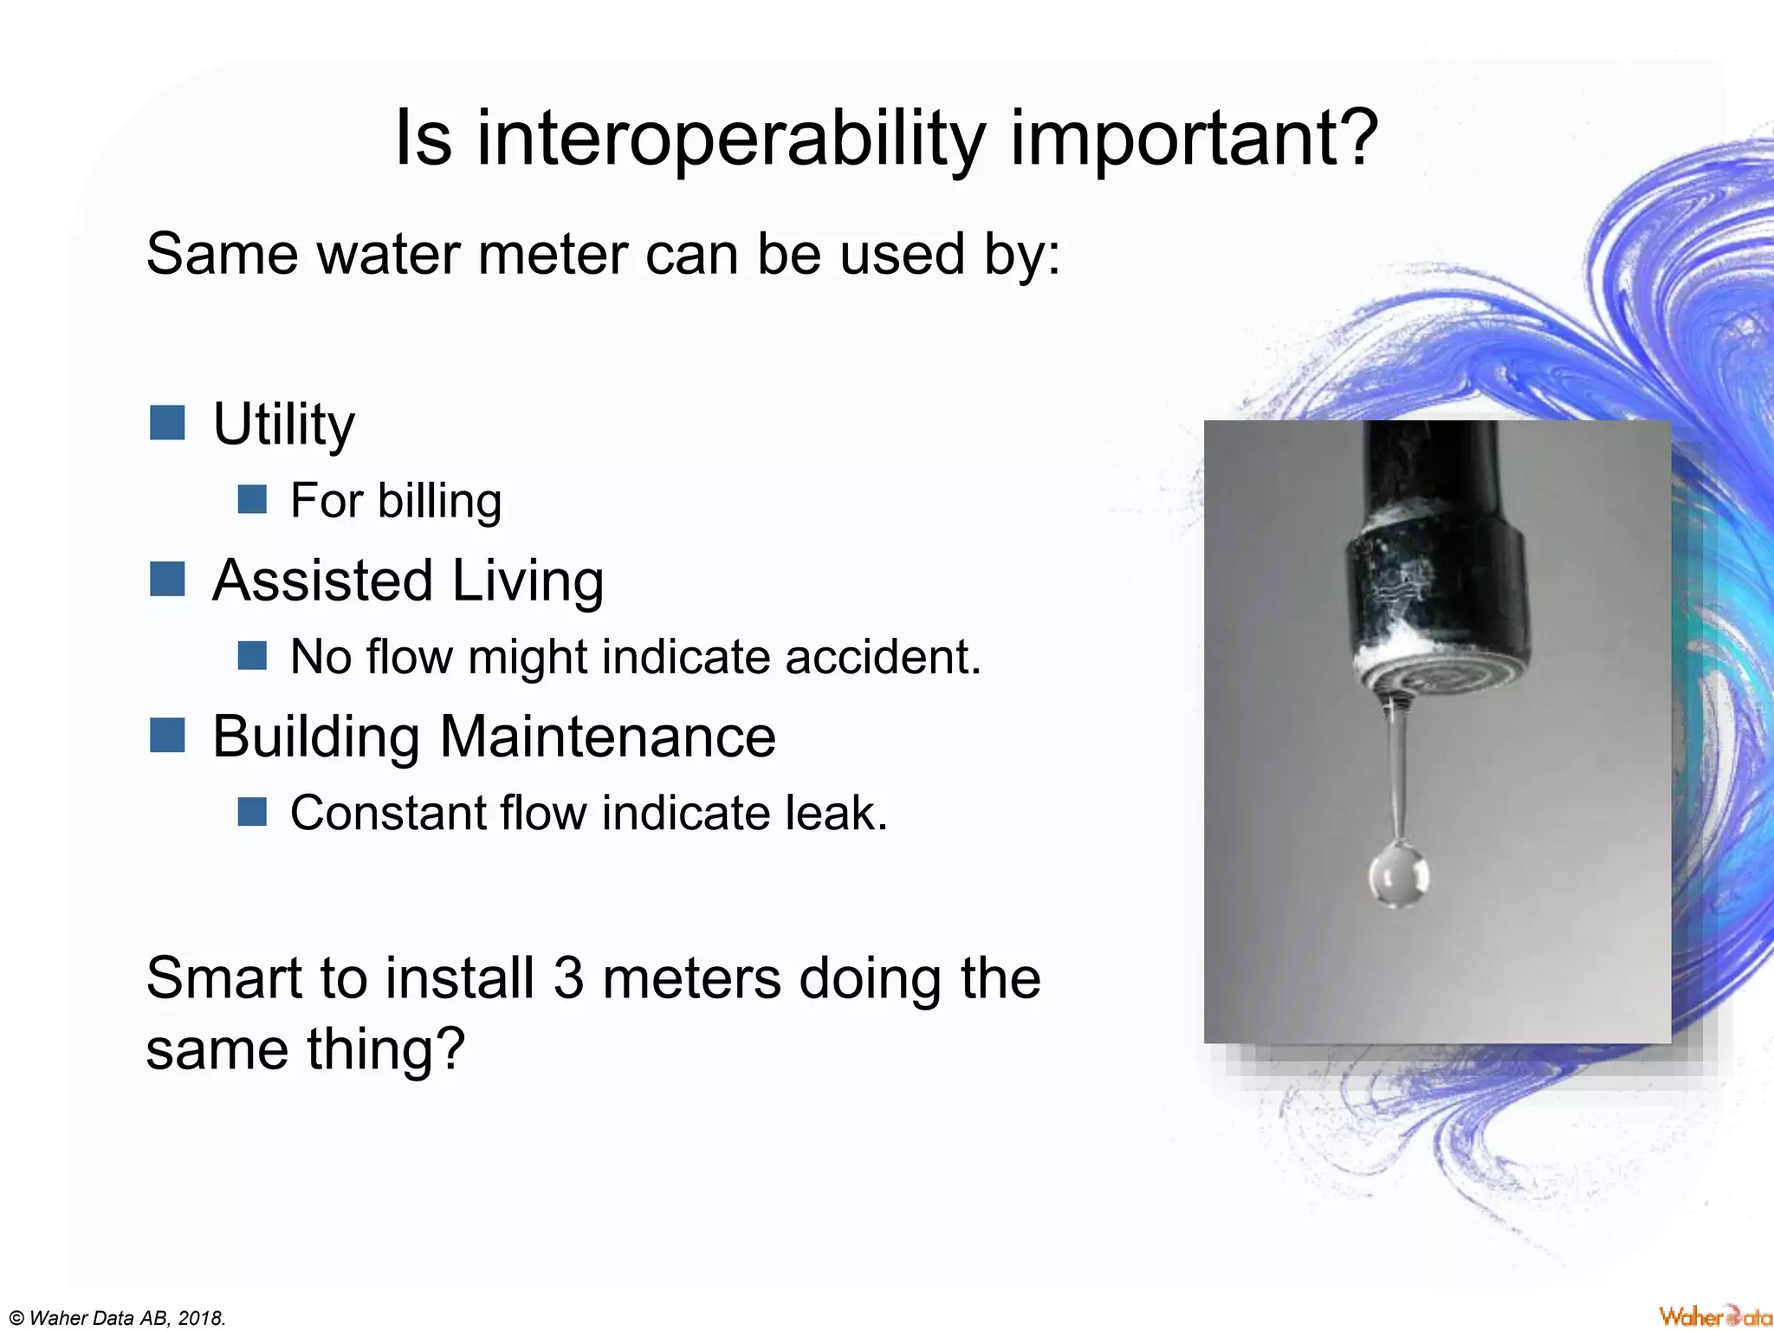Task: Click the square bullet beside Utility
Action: point(167,423)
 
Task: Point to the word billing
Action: point(439,501)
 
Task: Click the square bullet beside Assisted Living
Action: point(167,579)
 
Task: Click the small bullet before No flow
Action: point(252,655)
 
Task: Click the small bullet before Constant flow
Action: point(252,812)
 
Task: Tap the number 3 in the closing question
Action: point(568,978)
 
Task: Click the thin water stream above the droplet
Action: point(1397,771)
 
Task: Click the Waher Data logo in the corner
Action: point(1714,1316)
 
